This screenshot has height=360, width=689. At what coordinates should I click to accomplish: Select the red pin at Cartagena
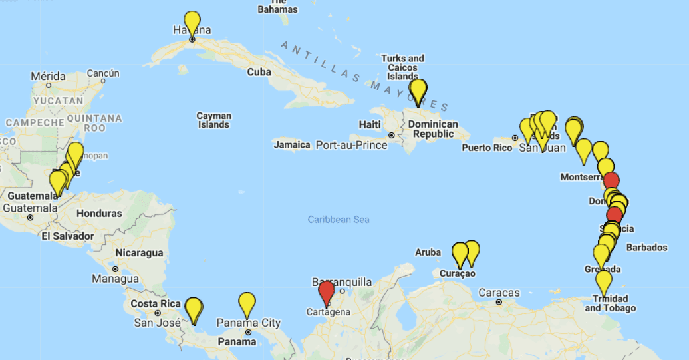pos(326,293)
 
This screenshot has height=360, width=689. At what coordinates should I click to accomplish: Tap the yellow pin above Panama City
pos(247,304)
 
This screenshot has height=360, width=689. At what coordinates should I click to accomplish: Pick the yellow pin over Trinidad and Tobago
pos(603,281)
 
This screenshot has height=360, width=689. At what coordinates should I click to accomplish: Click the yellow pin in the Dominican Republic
pos(418,90)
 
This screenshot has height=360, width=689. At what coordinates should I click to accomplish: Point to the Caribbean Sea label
pos(339,220)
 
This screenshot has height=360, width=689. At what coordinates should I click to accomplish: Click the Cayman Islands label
pos(213,120)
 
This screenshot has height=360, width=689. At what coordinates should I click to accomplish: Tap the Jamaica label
pos(292,144)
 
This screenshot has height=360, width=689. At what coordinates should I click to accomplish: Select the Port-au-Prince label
pos(351,144)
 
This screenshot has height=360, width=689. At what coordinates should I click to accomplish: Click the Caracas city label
pos(499,293)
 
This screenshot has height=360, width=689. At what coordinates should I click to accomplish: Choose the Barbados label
pos(646,248)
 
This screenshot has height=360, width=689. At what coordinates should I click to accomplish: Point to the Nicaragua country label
pos(139,253)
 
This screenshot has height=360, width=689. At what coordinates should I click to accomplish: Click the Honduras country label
pos(100,214)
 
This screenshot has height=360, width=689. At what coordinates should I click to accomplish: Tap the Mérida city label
pos(48,76)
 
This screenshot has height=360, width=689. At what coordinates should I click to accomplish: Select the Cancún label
pos(102,73)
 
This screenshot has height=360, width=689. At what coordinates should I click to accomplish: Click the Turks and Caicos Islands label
pos(402,67)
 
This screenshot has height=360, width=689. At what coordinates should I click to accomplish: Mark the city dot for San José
pos(158,313)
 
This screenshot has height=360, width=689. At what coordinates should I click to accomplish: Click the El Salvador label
pos(67,236)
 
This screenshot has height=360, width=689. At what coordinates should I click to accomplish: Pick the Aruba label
pos(428,252)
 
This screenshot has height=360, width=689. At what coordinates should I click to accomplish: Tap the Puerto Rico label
pos(487,147)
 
